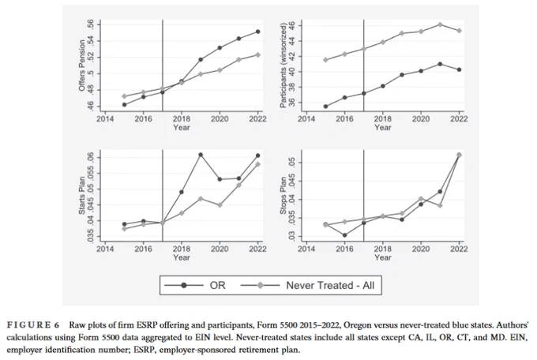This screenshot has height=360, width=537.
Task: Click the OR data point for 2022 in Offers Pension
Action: click(x=258, y=32)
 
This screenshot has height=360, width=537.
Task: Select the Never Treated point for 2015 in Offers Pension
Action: click(x=124, y=96)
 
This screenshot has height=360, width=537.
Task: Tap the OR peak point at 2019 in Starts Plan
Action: click(x=201, y=155)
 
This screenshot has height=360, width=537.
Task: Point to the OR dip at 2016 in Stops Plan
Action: click(x=344, y=235)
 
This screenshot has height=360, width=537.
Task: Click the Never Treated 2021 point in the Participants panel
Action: click(x=440, y=24)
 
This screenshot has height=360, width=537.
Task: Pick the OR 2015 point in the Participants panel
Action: click(x=325, y=107)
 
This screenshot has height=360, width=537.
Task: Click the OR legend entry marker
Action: click(x=184, y=285)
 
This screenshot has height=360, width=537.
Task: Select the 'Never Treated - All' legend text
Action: click(x=330, y=285)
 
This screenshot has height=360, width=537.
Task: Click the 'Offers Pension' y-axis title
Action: click(x=82, y=66)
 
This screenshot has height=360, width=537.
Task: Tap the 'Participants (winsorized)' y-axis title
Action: click(x=284, y=66)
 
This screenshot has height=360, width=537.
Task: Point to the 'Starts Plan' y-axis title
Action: click(x=82, y=196)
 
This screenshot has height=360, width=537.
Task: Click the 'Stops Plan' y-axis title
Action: click(x=284, y=196)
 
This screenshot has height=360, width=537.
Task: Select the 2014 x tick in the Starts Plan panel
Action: click(x=105, y=249)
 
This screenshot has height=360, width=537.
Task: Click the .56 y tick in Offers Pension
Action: click(x=90, y=24)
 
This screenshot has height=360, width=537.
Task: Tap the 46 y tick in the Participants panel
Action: click(x=291, y=26)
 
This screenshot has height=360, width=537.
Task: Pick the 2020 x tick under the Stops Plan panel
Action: click(x=421, y=249)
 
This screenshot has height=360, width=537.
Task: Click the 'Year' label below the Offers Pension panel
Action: click(x=182, y=127)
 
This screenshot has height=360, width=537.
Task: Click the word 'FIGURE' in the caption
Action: click(x=28, y=324)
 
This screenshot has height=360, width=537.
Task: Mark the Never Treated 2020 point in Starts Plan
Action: click(x=220, y=205)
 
